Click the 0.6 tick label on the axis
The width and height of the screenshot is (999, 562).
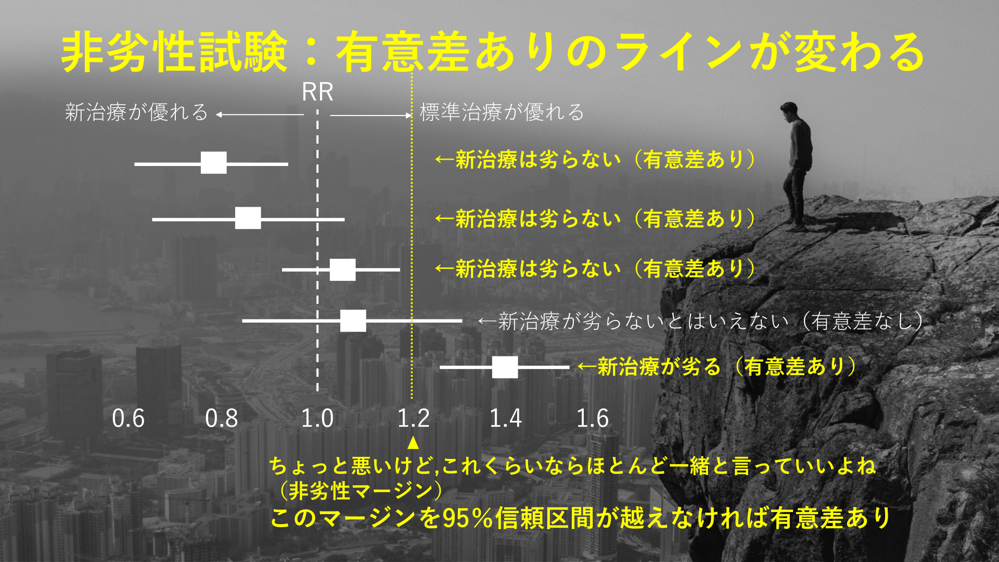coord(128,418)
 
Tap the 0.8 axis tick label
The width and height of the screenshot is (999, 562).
coord(221,418)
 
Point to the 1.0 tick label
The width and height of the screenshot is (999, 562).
coord(317,418)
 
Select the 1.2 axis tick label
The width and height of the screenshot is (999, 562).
coord(414,418)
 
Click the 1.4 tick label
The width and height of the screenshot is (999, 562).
coord(505,418)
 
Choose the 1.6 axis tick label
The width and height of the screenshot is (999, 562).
coord(592,418)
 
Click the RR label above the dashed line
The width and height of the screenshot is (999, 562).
coord(317,92)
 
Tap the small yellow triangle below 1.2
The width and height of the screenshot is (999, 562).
coord(413,443)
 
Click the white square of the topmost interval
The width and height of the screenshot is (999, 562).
coord(214,163)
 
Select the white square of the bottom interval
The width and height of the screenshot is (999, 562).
coord(505,367)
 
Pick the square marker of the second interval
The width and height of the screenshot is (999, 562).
coord(248,218)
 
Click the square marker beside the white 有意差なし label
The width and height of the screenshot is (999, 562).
coord(353,321)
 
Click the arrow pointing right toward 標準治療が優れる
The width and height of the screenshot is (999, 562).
coord(371,115)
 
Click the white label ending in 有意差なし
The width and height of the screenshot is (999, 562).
coord(700,321)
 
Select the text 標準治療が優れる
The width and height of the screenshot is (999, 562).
coord(502,112)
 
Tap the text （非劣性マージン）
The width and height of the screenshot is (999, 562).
coord(361,490)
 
